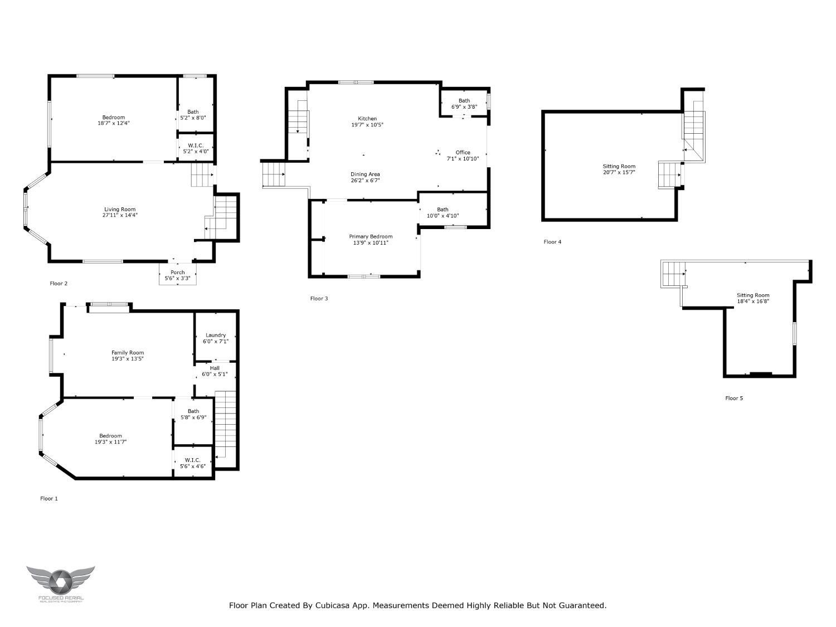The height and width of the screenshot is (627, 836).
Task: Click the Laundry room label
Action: (216, 335)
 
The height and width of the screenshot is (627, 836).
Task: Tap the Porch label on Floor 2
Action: (177, 272)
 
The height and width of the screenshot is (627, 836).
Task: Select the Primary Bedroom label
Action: (371, 236)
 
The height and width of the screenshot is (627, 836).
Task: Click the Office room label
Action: (463, 152)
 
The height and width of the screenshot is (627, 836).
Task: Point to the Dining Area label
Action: (365, 174)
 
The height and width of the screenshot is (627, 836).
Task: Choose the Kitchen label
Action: (367, 118)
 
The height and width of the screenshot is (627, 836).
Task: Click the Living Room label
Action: (120, 210)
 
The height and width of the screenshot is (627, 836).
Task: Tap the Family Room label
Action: (128, 353)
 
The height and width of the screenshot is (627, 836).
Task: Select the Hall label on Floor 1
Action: (215, 368)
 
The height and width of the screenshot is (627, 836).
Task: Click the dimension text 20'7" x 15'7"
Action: (619, 172)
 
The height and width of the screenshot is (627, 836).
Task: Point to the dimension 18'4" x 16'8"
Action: (753, 301)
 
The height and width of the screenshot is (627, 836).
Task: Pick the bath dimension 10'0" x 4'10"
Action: (443, 216)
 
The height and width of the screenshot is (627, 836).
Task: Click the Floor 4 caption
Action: (552, 242)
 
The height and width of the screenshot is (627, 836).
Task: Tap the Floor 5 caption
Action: (734, 398)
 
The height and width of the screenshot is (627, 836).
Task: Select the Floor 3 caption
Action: (319, 299)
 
